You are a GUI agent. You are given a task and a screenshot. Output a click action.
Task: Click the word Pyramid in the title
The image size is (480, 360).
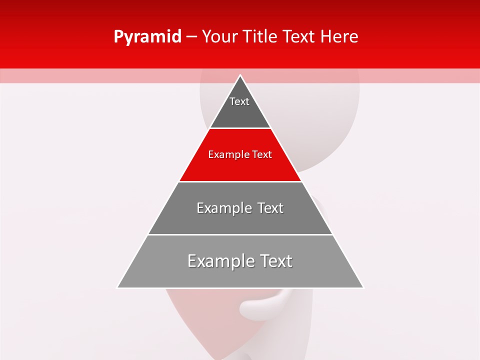[x=147, y=37]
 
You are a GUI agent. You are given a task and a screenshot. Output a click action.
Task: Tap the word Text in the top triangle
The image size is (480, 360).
[x=239, y=101]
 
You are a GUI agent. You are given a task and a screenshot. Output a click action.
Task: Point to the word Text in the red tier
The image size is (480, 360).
[x=262, y=154]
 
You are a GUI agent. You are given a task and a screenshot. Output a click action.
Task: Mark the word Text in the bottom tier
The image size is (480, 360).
[x=273, y=261]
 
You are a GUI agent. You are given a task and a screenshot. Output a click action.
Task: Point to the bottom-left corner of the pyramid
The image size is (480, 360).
[x=118, y=287]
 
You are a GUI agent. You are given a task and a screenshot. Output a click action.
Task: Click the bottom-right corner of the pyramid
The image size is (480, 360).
[x=363, y=287]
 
